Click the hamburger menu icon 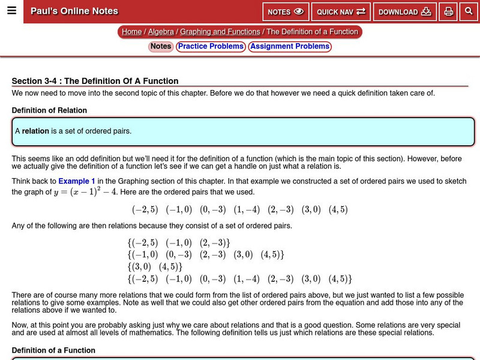click(x=11, y=11)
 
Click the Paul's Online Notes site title click(x=74, y=11)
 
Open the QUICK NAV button click(x=341, y=12)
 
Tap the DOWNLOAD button click(x=404, y=12)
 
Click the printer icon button click(x=448, y=12)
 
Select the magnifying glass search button click(x=469, y=11)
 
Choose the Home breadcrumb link click(x=131, y=32)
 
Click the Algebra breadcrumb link click(x=161, y=32)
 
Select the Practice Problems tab click(x=211, y=47)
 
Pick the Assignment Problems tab click(x=290, y=47)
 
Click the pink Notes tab click(x=160, y=47)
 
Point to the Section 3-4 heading click(x=95, y=81)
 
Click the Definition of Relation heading click(x=49, y=110)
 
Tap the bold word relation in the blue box click(x=35, y=131)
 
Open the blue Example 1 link click(x=77, y=181)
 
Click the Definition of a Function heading click(x=53, y=350)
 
